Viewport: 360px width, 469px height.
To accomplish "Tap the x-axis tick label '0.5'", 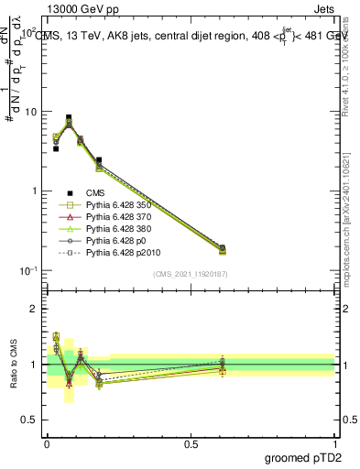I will click(190, 443).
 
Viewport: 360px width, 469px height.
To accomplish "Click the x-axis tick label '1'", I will click(334, 443).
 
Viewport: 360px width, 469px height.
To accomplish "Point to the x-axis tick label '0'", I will click(47, 443).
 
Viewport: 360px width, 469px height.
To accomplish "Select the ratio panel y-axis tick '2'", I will click(35, 309).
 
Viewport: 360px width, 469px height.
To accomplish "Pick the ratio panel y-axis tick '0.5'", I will click(29, 420).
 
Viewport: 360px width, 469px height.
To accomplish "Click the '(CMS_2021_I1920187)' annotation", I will click(190, 274).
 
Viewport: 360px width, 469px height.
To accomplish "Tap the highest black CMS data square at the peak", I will click(69, 117).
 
